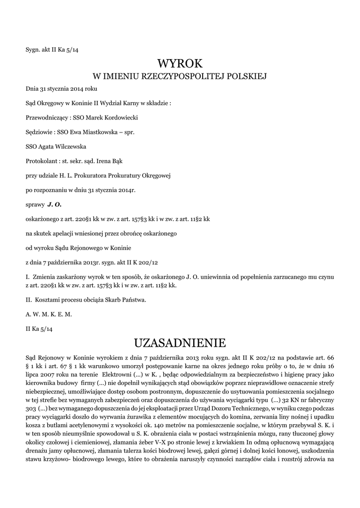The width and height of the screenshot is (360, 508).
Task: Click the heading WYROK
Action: [180, 63]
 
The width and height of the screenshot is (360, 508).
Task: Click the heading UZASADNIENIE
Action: [180, 343]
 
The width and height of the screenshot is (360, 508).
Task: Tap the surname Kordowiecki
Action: [119, 118]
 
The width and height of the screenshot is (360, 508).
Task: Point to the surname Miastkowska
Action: [107, 132]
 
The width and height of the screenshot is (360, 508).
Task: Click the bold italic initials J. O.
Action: [54, 204]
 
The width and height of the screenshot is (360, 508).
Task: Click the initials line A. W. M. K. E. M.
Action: [49, 314]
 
